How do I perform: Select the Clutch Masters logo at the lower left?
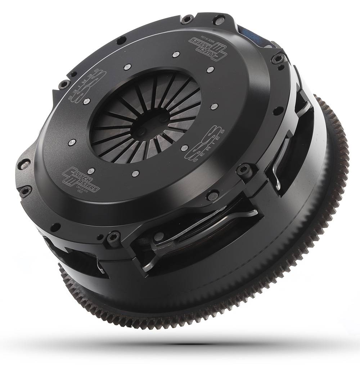click(80, 179)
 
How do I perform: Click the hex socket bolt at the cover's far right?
click(278, 59)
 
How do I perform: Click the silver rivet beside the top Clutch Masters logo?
click(175, 54)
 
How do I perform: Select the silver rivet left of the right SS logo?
click(185, 147)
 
